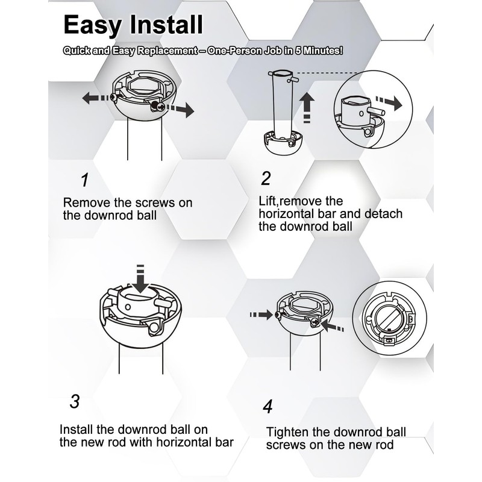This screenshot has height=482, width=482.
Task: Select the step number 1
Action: [85, 180]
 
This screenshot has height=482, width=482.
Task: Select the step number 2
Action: [266, 178]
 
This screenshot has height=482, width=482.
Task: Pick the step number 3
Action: [75, 401]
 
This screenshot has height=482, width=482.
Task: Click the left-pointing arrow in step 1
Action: [95, 99]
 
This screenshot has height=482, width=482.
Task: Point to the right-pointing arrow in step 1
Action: [180, 110]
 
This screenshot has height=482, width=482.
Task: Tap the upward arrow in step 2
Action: [308, 107]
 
